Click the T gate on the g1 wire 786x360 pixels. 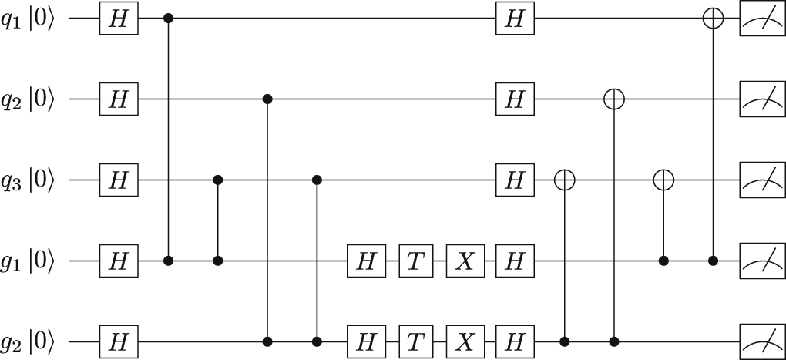[x=416, y=262]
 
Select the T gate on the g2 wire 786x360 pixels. [x=416, y=341]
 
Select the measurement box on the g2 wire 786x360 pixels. [x=761, y=341]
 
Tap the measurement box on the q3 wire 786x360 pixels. [x=761, y=180]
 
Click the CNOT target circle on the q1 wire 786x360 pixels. [x=714, y=19]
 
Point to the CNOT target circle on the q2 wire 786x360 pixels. [x=614, y=99]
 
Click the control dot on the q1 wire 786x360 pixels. [x=169, y=19]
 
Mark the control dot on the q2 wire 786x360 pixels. [x=267, y=99]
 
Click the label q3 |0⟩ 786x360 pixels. [x=29, y=180]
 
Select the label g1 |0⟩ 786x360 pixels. [x=29, y=262]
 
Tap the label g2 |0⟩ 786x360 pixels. [x=29, y=341]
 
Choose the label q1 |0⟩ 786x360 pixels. [x=29, y=19]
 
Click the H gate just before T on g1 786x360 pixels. [x=367, y=262]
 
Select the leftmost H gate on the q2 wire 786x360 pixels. [x=118, y=99]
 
